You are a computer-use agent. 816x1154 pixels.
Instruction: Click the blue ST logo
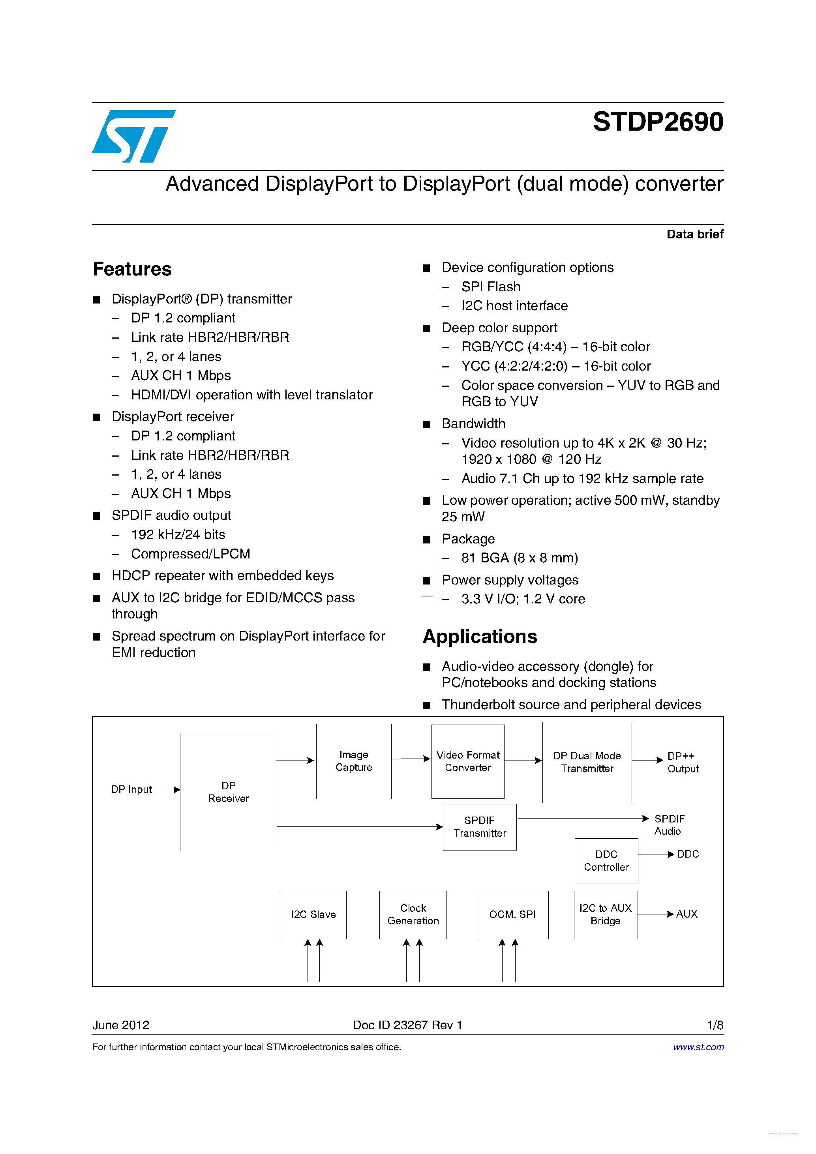133,136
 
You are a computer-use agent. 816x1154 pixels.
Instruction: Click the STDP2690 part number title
658,122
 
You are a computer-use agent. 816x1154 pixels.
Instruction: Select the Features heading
132,270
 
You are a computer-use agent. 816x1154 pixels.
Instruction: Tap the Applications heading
480,637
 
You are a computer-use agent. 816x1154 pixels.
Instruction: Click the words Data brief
694,234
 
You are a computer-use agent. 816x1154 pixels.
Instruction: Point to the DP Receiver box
228,792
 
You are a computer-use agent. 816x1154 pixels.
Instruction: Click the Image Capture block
353,761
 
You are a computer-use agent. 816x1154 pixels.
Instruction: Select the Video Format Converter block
467,761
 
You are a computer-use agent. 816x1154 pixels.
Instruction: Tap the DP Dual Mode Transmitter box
587,762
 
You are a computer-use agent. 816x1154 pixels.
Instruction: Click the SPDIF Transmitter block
479,827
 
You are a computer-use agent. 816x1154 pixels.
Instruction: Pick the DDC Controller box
606,860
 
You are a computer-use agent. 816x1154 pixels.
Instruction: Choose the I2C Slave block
313,914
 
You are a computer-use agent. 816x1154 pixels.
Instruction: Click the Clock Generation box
413,914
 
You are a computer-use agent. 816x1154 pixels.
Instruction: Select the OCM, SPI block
512,914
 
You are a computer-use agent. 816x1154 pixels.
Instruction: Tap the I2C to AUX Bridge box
605,914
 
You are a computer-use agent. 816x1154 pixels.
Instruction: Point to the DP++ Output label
683,762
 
